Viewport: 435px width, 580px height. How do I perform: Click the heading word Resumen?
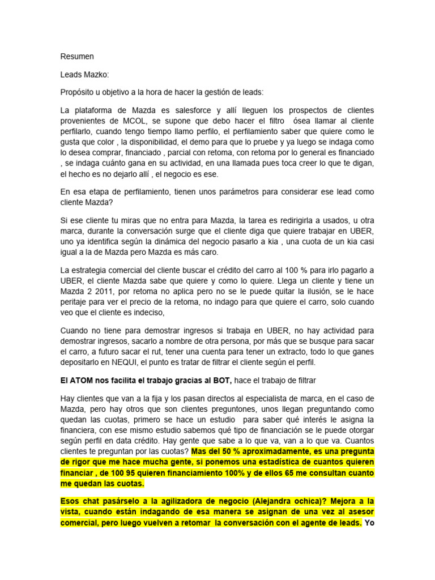click(77, 57)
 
